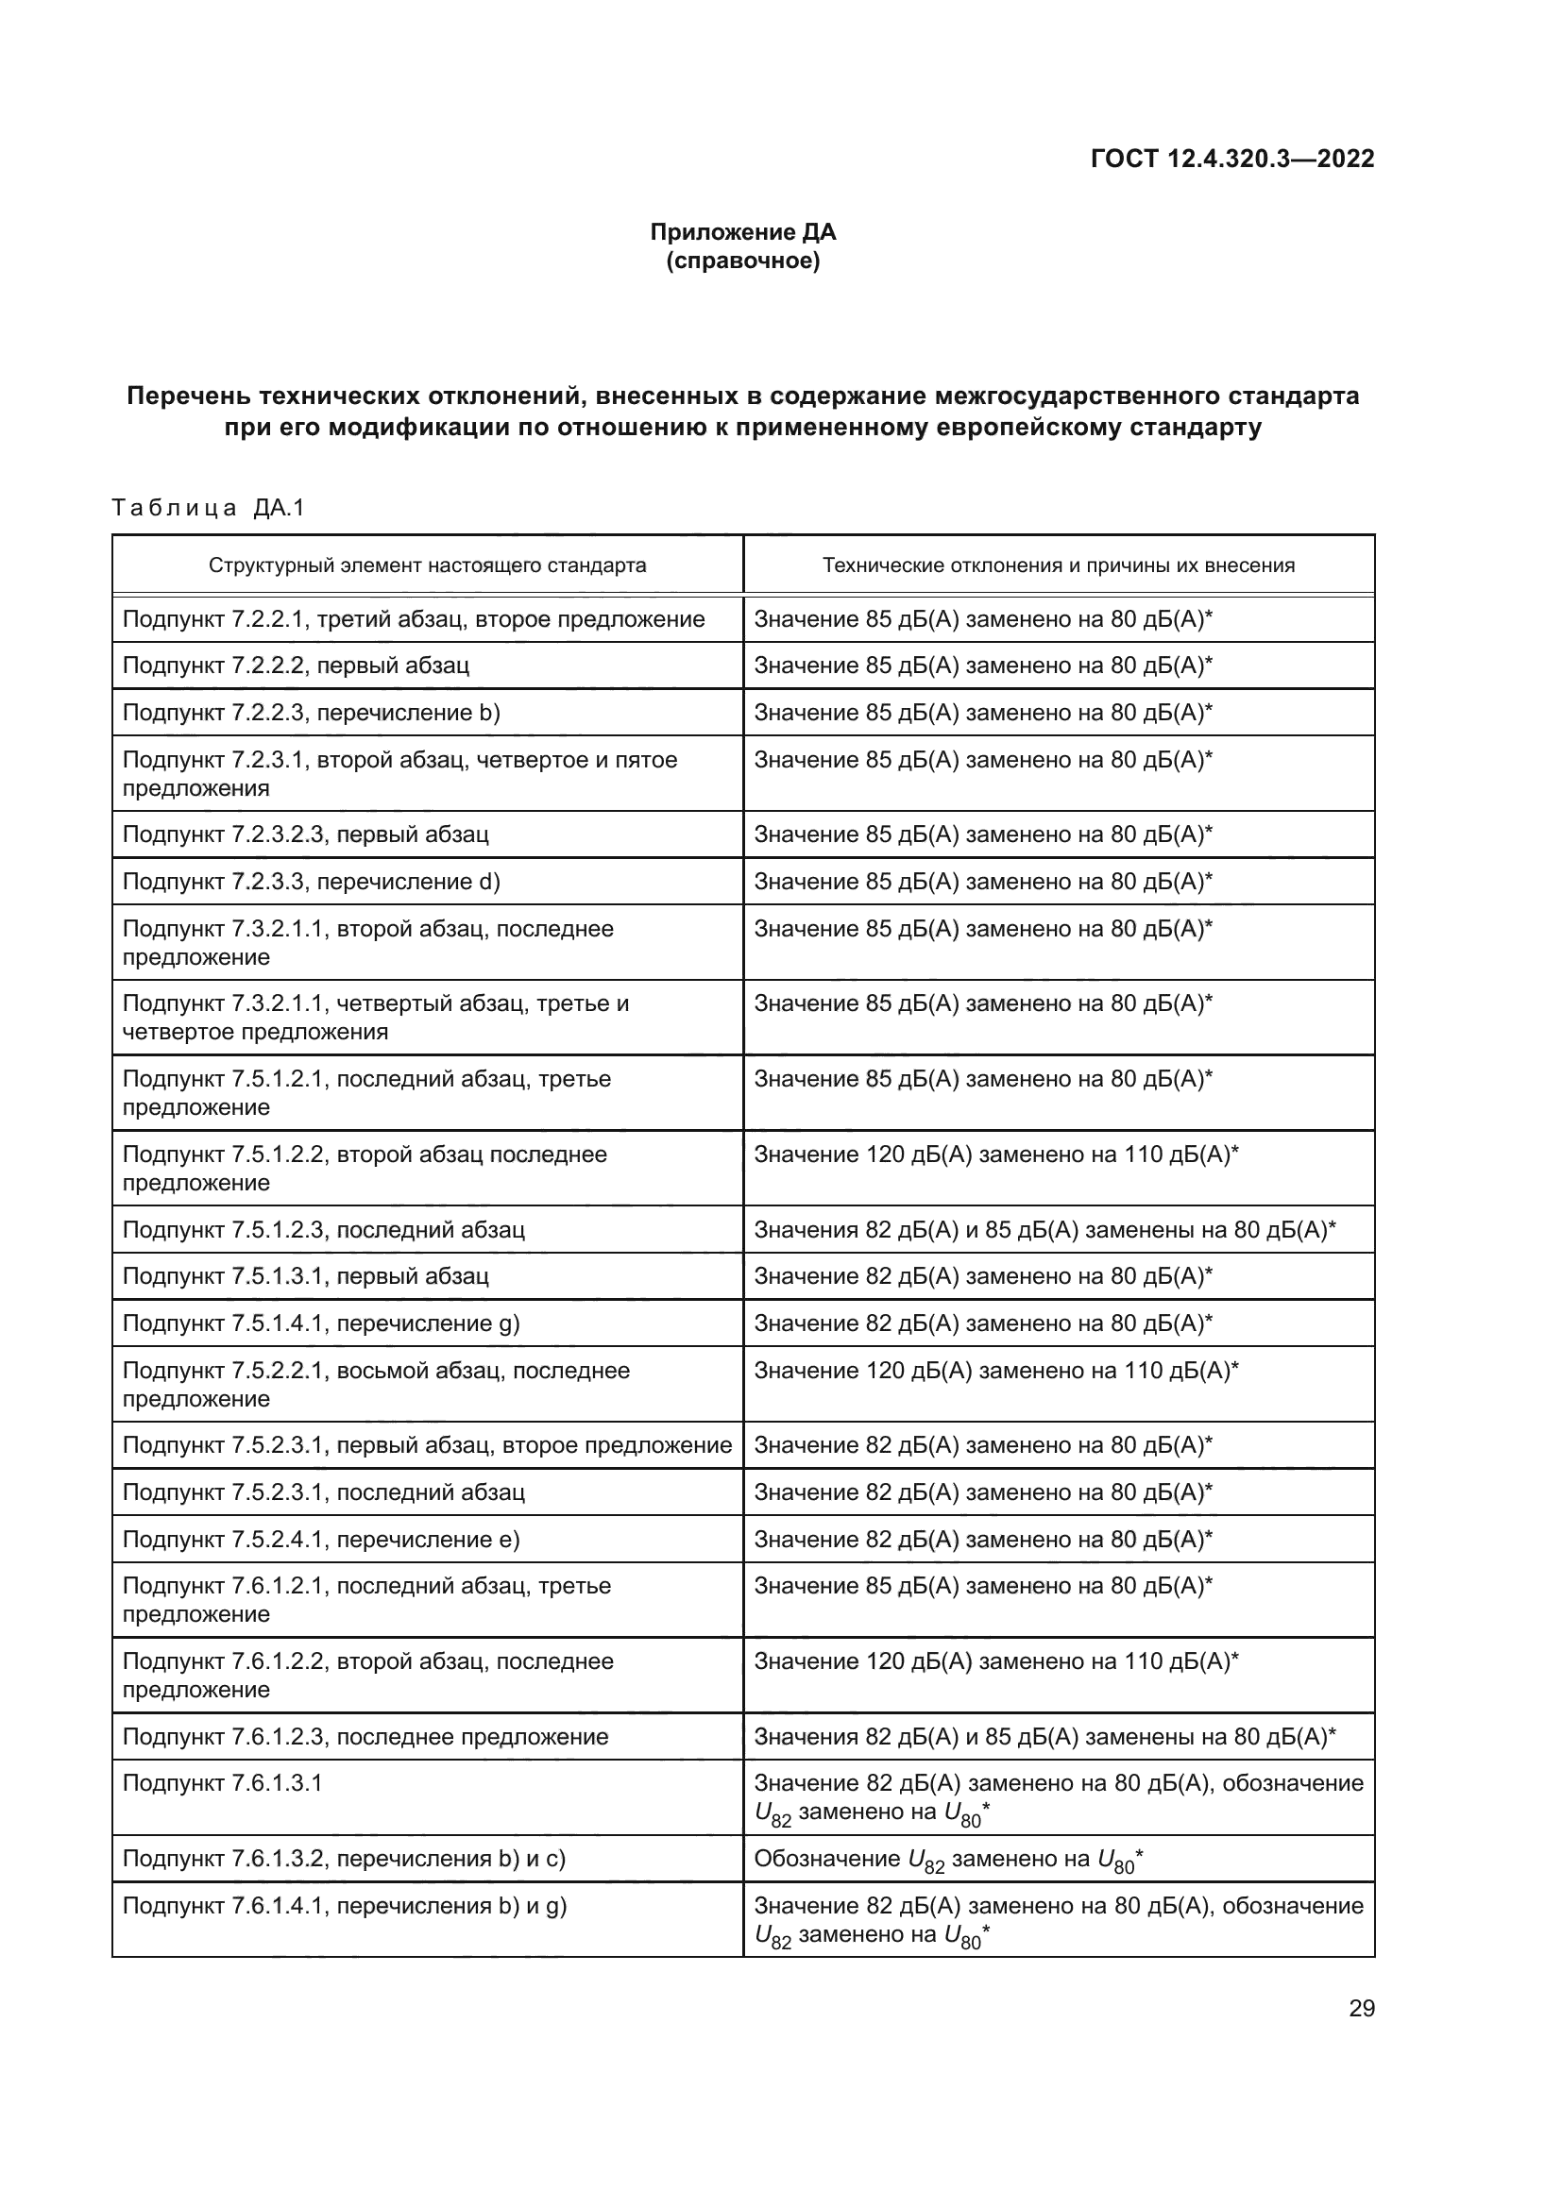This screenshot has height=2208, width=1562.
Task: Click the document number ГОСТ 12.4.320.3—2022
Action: click(1232, 159)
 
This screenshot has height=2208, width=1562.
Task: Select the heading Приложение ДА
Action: click(742, 232)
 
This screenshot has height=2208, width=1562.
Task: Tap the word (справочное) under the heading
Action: click(742, 261)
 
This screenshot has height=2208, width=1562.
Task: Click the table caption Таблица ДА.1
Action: click(208, 508)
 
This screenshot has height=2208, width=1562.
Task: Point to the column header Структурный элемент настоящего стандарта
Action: click(427, 565)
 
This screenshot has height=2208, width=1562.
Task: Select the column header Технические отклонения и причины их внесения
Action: click(1058, 565)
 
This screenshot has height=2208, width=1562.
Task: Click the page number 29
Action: click(1361, 2009)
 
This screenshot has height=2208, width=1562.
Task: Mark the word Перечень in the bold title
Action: click(186, 396)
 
